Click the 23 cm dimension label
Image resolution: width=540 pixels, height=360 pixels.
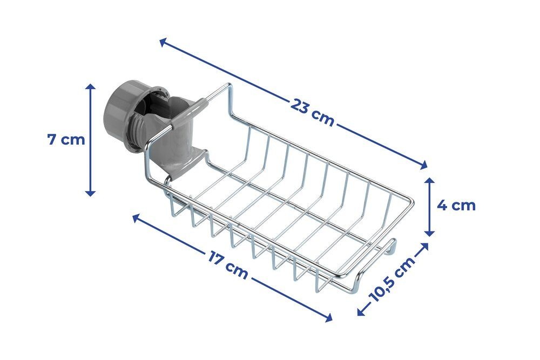tap(312, 112)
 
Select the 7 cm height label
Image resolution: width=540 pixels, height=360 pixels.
tap(66, 139)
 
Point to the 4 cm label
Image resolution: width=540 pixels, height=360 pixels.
tap(456, 206)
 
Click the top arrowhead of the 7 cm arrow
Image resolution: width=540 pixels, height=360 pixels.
tap(90, 87)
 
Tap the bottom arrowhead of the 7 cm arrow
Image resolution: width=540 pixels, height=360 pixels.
tap(90, 192)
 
